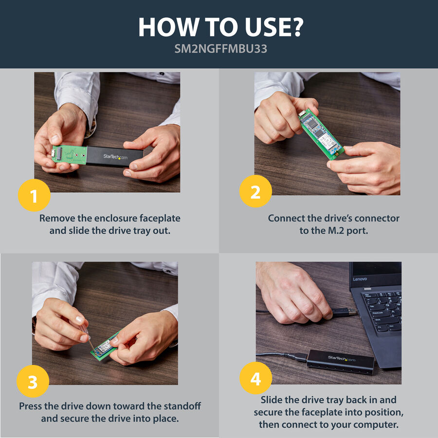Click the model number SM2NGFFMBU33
pos(220,49)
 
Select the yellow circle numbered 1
pos(34,195)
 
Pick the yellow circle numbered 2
pos(255,191)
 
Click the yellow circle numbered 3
pos(33,381)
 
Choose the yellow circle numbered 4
pos(255,378)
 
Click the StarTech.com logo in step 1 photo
pos(115,157)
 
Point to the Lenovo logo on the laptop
pos(360,279)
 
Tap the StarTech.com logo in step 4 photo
pos(342,358)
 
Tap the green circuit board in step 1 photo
pos(69,154)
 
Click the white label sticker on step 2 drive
pos(326,139)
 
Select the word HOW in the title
pos(167,27)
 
